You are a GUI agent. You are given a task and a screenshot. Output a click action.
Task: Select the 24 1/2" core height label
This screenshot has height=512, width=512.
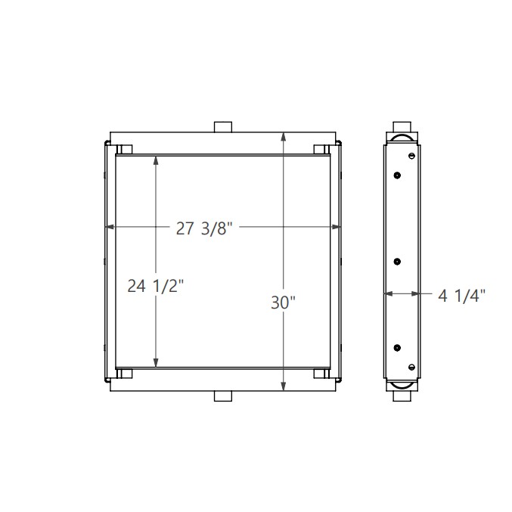click(x=155, y=287)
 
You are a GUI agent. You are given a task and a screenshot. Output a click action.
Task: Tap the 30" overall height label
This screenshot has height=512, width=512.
click(x=283, y=303)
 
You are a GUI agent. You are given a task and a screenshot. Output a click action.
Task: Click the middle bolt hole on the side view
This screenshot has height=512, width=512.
click(x=397, y=262)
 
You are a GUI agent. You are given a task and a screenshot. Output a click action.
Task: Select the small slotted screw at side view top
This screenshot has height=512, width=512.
click(x=411, y=157)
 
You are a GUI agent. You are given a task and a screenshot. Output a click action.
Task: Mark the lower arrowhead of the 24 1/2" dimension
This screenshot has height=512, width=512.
click(x=156, y=363)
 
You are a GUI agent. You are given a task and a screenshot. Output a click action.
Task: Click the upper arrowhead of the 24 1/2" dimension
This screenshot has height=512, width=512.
click(x=156, y=160)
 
